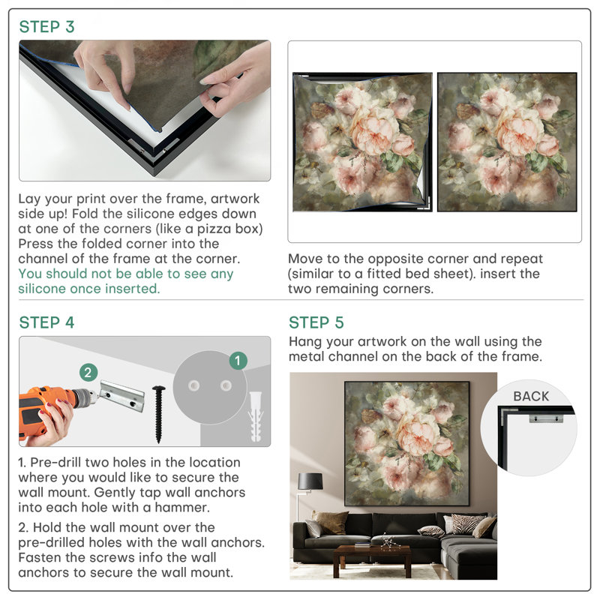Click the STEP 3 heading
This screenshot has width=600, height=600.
click(x=46, y=27)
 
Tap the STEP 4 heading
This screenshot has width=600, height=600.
click(x=46, y=323)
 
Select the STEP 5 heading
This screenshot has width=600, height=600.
click(x=316, y=323)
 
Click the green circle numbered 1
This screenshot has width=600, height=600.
click(x=238, y=361)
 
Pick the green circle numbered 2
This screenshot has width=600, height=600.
click(x=88, y=372)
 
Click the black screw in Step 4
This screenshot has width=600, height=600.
click(x=159, y=414)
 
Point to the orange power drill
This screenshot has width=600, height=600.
click(x=53, y=409)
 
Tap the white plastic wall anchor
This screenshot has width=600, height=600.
click(x=256, y=416)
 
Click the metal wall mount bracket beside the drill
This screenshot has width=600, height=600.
click(x=122, y=396)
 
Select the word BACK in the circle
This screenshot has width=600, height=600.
click(x=531, y=397)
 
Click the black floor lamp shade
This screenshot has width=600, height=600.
click(x=310, y=481)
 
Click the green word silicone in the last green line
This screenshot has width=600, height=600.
click(x=41, y=289)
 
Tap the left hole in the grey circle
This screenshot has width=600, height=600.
click(x=193, y=385)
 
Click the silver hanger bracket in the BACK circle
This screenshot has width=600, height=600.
click(x=547, y=418)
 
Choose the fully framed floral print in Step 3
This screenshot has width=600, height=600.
click(x=507, y=142)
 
